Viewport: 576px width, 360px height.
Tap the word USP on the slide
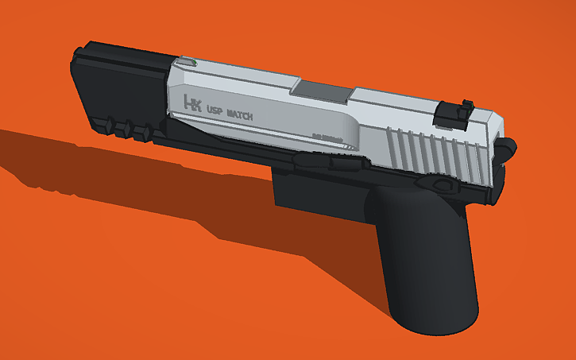(x=215, y=110)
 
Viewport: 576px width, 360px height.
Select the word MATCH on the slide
(x=240, y=114)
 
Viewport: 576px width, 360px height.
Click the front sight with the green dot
(x=186, y=61)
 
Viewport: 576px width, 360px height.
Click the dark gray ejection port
(x=323, y=91)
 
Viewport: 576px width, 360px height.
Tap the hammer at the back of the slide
(x=505, y=147)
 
